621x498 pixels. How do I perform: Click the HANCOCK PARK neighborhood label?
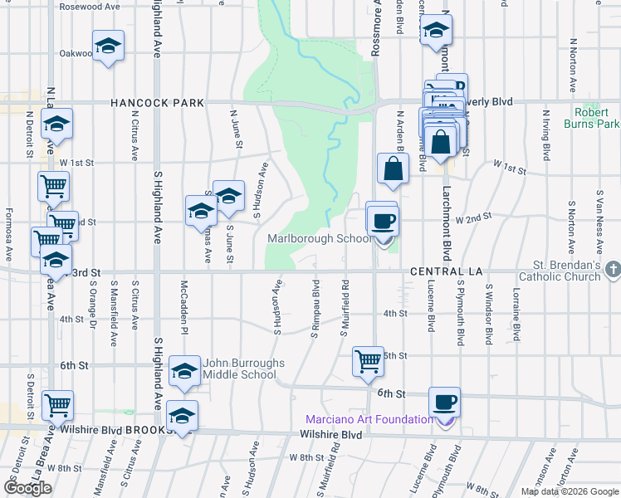point(159,104)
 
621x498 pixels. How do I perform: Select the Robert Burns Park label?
point(596,118)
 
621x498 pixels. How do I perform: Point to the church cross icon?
point(613,270)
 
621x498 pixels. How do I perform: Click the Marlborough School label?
point(320,239)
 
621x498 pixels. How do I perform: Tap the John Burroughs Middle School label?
point(244,369)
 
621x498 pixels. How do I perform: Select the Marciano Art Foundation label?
point(369,419)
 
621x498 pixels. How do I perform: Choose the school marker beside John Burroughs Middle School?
point(185,371)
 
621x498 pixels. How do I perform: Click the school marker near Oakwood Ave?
point(108,46)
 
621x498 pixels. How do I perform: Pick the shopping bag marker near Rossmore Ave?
point(394,168)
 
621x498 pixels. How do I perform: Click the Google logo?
point(27,489)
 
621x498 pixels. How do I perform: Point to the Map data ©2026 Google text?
point(570,491)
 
